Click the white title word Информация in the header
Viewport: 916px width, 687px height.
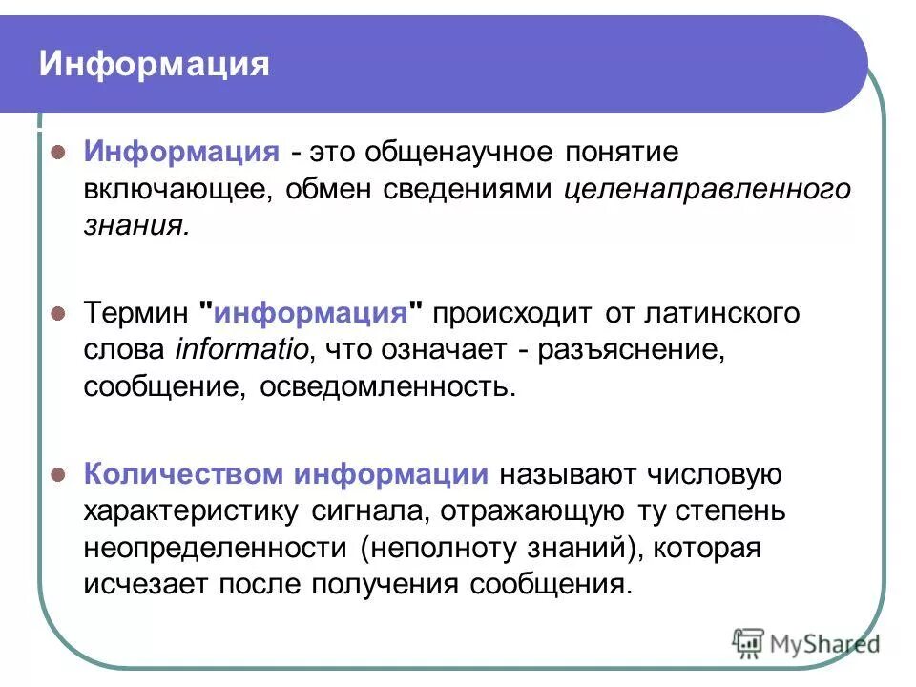[x=154, y=64]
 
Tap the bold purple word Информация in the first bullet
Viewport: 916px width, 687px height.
[x=180, y=152]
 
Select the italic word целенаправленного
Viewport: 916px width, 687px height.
[x=707, y=189]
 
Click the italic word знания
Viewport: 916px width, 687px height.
[x=135, y=225]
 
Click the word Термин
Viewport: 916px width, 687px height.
[x=137, y=313]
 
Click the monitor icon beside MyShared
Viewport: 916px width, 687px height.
[x=749, y=644]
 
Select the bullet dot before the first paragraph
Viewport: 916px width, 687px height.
[x=57, y=152]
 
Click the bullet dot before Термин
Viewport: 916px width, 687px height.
[x=57, y=313]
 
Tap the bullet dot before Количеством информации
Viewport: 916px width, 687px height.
[x=57, y=474]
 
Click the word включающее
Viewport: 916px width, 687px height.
[x=177, y=189]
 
